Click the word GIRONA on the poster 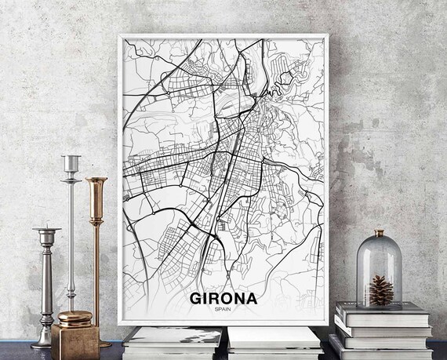tap(222, 299)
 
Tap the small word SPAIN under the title tap(222, 311)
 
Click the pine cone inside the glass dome tap(380, 290)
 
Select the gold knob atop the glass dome tap(380, 233)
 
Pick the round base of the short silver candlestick tap(44, 343)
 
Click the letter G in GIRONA tap(195, 299)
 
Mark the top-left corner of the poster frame tap(119, 36)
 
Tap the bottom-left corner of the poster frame tap(119, 324)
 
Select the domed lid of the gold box tap(75, 318)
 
